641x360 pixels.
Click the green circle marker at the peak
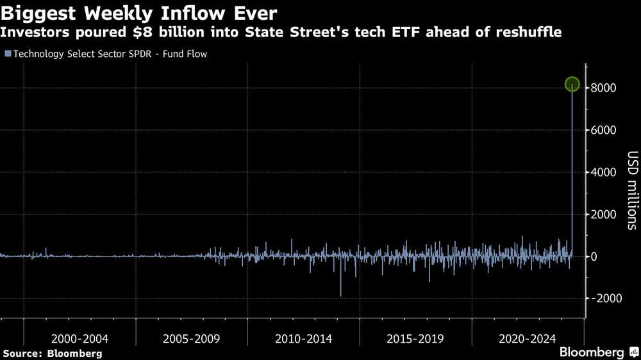[x=572, y=85]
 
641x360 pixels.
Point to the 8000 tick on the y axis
[x=603, y=88]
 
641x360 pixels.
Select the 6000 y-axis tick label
[x=603, y=130]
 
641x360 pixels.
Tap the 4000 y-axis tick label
[x=603, y=172]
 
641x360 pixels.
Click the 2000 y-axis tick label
[x=603, y=215]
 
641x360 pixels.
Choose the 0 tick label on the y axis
[x=594, y=257]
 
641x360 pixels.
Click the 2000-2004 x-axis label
[x=79, y=339]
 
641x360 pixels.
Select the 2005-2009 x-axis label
[x=191, y=339]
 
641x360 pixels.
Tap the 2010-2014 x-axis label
[x=303, y=339]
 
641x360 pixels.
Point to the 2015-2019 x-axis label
[x=415, y=339]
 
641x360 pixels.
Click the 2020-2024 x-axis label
[x=527, y=339]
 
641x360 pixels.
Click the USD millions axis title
[x=632, y=190]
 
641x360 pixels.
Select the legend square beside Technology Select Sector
[x=7, y=54]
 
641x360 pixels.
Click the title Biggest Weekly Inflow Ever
[x=140, y=12]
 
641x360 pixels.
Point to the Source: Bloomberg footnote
[x=53, y=353]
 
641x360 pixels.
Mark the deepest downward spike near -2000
[x=340, y=295]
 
